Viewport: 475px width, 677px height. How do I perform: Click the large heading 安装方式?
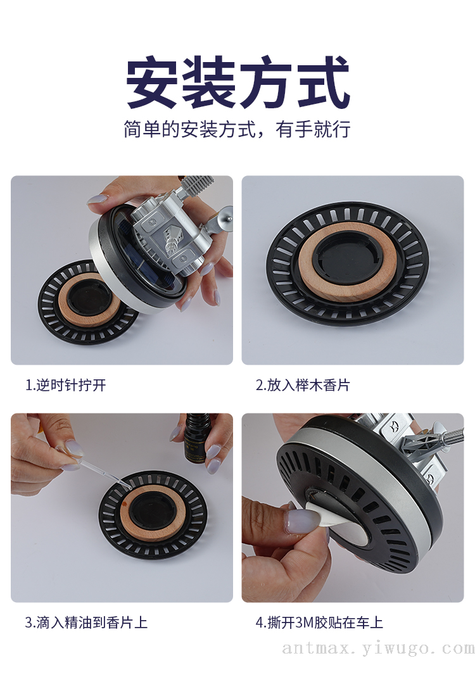[x=237, y=82]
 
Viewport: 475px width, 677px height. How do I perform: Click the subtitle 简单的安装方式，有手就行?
[x=237, y=129]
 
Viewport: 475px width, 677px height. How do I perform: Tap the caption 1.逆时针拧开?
[x=66, y=384]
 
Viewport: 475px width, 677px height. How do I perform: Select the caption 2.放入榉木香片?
[x=303, y=384]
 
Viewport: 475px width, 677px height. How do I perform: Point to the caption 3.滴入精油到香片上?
[x=86, y=622]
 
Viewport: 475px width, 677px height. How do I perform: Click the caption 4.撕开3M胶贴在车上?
[x=319, y=622]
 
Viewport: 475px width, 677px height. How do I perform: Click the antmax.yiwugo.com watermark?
[x=378, y=648]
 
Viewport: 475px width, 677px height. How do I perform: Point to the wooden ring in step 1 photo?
[x=64, y=307]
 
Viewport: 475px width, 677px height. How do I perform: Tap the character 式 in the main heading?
[x=324, y=82]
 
